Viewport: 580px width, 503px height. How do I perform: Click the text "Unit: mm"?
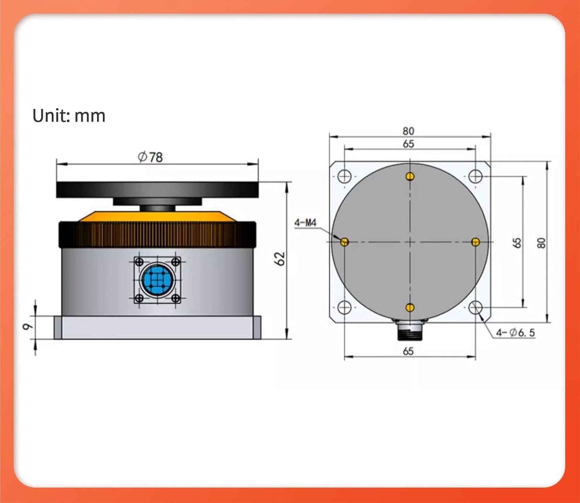click(69, 116)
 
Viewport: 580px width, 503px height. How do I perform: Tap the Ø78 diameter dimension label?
click(150, 157)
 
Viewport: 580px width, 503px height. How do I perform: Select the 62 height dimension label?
click(280, 259)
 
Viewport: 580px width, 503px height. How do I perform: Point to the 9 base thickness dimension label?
click(27, 327)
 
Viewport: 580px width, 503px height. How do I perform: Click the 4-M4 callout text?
click(305, 223)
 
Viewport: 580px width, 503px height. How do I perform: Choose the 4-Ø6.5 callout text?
click(515, 332)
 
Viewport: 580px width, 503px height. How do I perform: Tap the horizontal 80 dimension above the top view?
click(408, 131)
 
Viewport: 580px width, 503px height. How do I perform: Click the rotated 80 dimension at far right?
click(541, 243)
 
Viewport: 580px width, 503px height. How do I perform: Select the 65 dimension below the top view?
click(408, 351)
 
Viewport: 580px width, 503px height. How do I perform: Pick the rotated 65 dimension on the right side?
click(517, 243)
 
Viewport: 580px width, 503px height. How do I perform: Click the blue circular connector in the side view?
click(157, 279)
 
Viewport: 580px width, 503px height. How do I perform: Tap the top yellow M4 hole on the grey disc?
click(410, 177)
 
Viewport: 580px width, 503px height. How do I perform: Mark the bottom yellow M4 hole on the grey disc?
click(410, 308)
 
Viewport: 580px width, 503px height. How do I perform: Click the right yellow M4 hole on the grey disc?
click(476, 242)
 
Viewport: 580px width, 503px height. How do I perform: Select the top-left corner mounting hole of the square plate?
click(344, 176)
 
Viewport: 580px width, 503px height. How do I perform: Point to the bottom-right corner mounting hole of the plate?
click(475, 308)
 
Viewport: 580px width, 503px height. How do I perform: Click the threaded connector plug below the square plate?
click(409, 331)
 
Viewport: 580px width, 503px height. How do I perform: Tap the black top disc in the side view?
click(157, 190)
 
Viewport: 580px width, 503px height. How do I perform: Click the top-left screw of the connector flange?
click(140, 262)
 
